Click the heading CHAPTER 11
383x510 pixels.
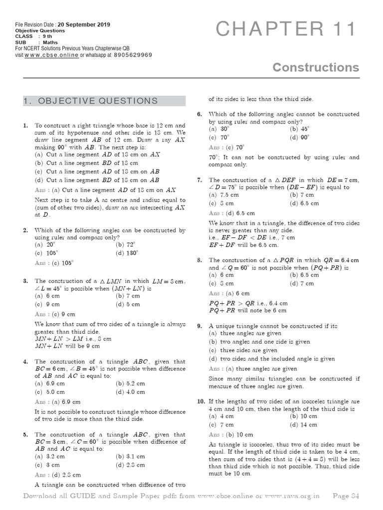coord(287,30)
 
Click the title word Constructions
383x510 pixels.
coord(316,67)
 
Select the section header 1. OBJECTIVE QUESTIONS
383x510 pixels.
coord(91,101)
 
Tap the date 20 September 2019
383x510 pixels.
coord(84,25)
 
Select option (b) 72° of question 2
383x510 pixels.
coord(127,246)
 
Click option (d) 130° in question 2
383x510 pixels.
coord(128,254)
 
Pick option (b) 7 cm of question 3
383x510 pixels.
coord(128,296)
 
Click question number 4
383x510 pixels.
coord(25,362)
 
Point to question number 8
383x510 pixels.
coord(199,260)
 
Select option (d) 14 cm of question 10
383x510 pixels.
coord(303,425)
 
